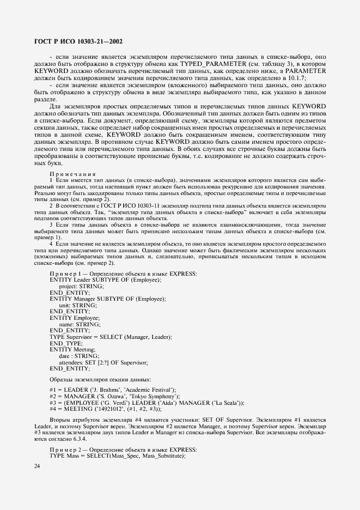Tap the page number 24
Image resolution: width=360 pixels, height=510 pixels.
pyautogui.click(x=37, y=466)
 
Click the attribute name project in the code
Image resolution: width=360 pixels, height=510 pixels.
pyautogui.click(x=68, y=286)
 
